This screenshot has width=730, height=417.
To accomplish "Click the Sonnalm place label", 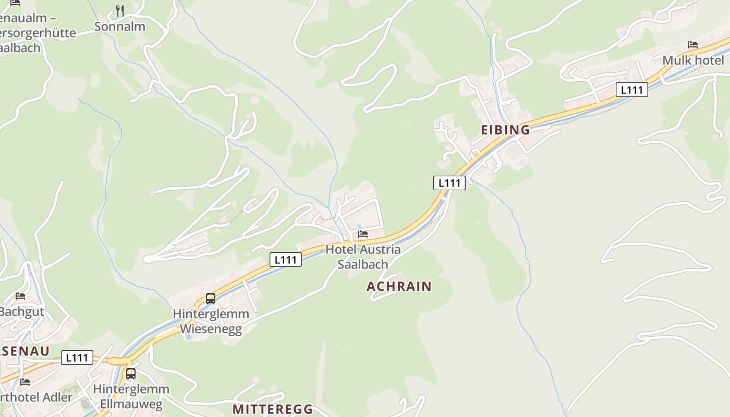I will click(119, 27).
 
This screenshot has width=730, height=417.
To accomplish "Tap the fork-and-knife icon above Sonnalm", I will click(120, 10).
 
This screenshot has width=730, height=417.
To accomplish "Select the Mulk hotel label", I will click(693, 60).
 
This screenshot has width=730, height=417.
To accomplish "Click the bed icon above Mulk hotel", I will click(693, 45).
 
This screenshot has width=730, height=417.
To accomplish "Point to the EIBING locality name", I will click(505, 130).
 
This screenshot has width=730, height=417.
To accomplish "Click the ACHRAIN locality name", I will click(399, 286).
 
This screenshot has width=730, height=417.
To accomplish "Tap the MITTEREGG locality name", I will click(273, 409).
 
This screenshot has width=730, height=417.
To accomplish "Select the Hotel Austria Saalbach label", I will click(363, 256).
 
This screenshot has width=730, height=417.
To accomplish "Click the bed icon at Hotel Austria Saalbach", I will click(363, 234).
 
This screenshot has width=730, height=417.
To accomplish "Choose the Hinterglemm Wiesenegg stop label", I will click(211, 322).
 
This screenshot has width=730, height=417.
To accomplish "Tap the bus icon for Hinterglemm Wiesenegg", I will click(211, 299).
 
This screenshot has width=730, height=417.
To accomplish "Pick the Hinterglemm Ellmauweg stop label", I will click(131, 397).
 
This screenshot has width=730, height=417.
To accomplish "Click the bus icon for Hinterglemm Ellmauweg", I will click(131, 374).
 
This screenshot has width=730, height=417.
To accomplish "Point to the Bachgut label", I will click(21, 312).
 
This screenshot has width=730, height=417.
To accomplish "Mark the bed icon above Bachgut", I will click(20, 296).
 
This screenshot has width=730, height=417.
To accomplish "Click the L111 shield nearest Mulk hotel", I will click(632, 90).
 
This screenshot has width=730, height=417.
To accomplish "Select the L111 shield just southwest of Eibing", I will click(449, 183).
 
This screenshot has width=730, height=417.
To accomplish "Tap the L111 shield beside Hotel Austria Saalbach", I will click(286, 260).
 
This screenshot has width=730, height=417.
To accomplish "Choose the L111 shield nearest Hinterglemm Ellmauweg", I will click(77, 358).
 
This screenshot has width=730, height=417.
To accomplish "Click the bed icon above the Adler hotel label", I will click(25, 382).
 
